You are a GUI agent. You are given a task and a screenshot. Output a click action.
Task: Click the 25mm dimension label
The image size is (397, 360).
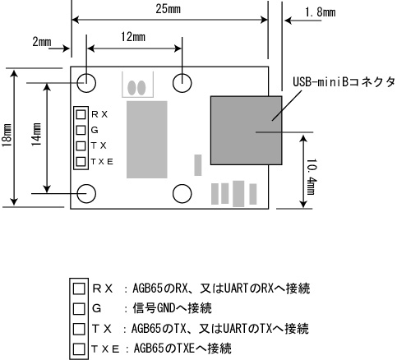click(x=168, y=9)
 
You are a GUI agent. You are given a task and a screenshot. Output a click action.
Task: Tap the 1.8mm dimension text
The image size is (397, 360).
click(x=320, y=12)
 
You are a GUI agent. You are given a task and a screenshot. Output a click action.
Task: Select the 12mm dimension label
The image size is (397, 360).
click(x=133, y=37)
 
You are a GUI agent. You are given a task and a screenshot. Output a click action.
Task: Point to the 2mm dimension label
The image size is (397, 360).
click(x=42, y=42)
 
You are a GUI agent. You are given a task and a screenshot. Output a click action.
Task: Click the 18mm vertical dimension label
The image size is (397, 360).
click(x=7, y=135)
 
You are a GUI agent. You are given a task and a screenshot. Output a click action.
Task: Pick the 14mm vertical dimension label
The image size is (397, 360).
click(x=36, y=134)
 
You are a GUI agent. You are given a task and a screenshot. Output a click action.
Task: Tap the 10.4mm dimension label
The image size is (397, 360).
click(x=311, y=177)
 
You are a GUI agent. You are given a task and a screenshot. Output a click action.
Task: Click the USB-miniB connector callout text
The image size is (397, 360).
click(x=344, y=82)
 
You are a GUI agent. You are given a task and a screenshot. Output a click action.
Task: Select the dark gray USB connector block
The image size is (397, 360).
click(x=246, y=131)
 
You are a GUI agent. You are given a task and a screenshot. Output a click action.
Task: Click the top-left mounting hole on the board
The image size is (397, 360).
click(x=86, y=83)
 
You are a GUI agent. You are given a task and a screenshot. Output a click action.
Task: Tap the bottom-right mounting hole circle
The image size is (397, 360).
click(x=182, y=193)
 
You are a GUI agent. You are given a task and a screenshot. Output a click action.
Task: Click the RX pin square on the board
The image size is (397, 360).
click(x=81, y=114)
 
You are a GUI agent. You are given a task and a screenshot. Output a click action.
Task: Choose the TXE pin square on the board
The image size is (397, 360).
click(x=81, y=161)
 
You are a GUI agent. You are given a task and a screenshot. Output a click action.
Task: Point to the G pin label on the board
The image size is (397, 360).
click(x=95, y=130)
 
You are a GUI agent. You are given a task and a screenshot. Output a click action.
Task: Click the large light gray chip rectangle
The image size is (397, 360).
click(x=147, y=140)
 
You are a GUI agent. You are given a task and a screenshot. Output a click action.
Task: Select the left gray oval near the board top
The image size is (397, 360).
click(x=132, y=88)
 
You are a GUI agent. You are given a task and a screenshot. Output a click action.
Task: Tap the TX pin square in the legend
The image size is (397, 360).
click(x=79, y=329)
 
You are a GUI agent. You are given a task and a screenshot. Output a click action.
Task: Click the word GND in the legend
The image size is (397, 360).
click(x=165, y=308)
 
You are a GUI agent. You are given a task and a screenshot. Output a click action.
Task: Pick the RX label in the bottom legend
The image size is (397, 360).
click(x=103, y=288)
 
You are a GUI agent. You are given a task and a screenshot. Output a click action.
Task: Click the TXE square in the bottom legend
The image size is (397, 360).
click(x=79, y=349)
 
